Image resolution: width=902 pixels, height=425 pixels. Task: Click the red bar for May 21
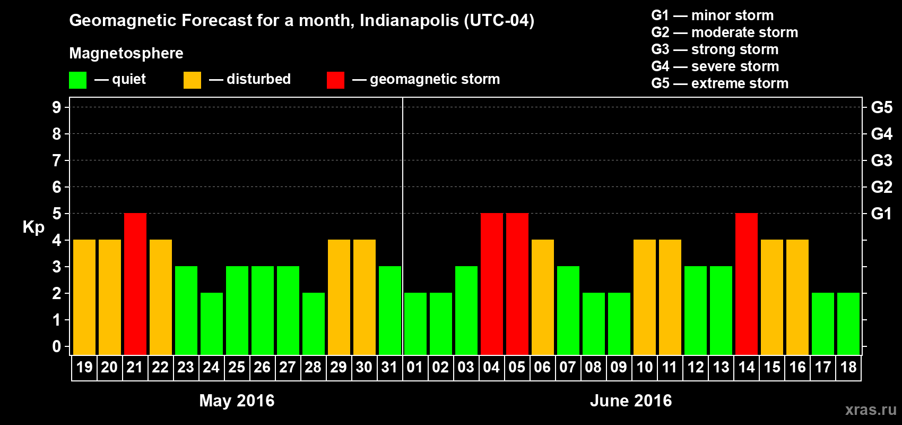(135, 284)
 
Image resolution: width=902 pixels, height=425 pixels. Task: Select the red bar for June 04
(492, 284)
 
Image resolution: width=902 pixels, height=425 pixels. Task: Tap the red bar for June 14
(747, 284)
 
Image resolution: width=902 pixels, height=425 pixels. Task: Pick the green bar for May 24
(212, 324)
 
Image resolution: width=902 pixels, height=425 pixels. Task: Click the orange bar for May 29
(339, 297)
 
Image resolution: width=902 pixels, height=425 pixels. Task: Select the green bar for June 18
(848, 324)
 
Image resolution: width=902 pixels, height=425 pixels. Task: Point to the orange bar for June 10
(645, 297)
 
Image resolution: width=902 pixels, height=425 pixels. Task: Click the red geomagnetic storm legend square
(335, 80)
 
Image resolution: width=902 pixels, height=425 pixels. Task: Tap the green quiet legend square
(78, 80)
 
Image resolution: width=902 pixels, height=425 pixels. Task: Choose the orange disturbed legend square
(192, 80)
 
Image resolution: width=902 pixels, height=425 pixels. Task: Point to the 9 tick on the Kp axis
(57, 107)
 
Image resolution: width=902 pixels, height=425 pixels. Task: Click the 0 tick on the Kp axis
(57, 346)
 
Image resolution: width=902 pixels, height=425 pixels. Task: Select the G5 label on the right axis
(881, 107)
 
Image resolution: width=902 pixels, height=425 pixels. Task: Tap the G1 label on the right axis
(881, 214)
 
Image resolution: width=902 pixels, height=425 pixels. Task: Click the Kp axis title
(33, 227)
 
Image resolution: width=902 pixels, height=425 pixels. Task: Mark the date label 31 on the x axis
(389, 367)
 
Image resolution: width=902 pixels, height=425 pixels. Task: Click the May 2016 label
(237, 401)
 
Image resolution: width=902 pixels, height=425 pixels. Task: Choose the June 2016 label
(631, 401)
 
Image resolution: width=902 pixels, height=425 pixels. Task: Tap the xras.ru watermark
(871, 410)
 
